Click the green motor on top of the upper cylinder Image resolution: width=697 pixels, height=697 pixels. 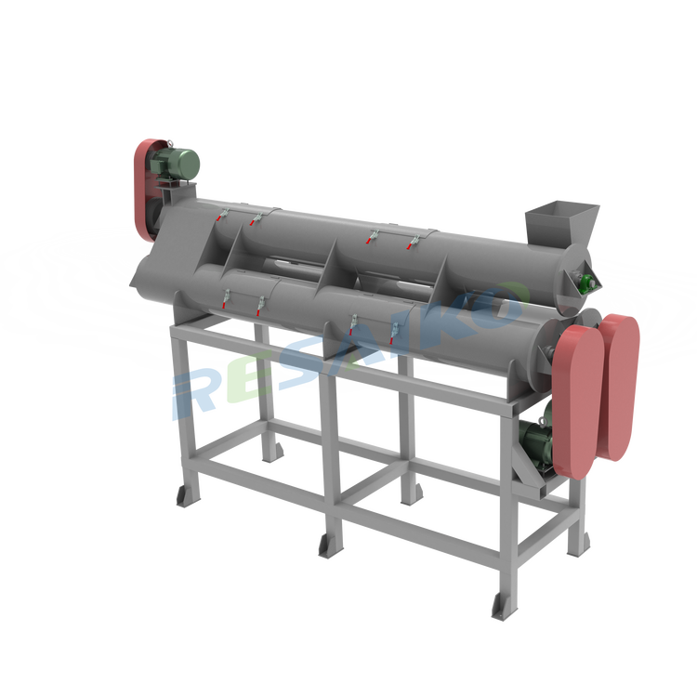pos(175,164)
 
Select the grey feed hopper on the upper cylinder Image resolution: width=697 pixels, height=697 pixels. pos(561,225)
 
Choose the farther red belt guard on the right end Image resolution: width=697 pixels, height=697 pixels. pos(620,387)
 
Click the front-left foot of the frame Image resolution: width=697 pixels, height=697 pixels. pos(189,495)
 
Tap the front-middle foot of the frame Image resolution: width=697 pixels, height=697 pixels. pos(331,546)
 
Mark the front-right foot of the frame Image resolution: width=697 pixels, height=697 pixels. pos(505,606)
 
